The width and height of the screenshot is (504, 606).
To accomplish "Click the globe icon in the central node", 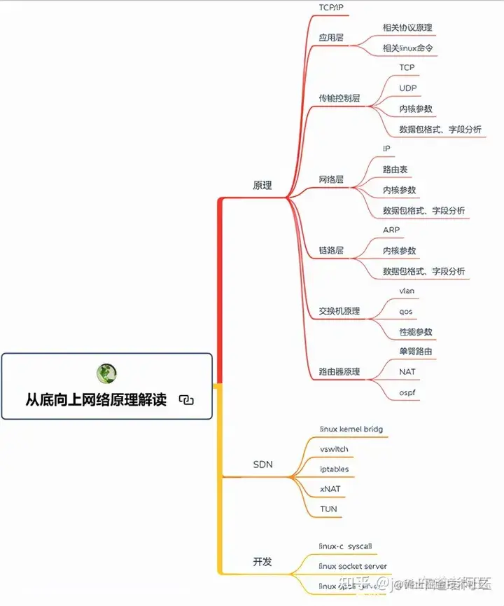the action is click(x=106, y=373).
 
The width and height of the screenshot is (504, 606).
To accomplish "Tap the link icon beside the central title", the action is click(x=185, y=400).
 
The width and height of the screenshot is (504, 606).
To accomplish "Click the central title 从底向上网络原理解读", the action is click(x=97, y=400).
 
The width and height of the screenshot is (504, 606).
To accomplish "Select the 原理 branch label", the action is click(x=262, y=186).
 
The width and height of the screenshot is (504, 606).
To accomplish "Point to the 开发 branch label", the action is click(x=262, y=561).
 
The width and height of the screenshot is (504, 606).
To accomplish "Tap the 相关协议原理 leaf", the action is click(x=407, y=28).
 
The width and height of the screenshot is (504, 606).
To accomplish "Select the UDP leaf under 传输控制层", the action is click(x=408, y=88).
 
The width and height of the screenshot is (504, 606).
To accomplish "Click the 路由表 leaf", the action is click(x=395, y=170).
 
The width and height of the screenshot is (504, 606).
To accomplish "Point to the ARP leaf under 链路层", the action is click(x=391, y=230).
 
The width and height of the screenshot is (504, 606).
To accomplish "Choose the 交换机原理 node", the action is click(x=339, y=310).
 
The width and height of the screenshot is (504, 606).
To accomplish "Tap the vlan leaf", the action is click(x=407, y=290).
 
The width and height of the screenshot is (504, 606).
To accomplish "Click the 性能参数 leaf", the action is click(x=416, y=331).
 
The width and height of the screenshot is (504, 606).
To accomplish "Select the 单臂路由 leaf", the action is click(x=416, y=351).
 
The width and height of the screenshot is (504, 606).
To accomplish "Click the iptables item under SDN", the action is click(x=334, y=469).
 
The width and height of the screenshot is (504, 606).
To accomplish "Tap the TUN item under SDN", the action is click(x=328, y=509).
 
